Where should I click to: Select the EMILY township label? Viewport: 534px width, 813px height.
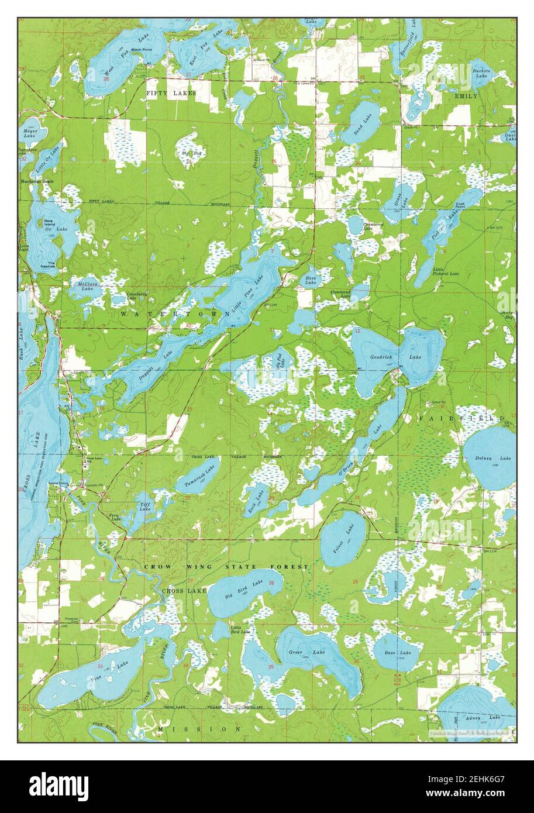pos(466,95)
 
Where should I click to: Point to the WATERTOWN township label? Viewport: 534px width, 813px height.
pos(175,314)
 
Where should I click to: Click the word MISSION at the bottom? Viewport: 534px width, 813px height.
pos(199,729)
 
